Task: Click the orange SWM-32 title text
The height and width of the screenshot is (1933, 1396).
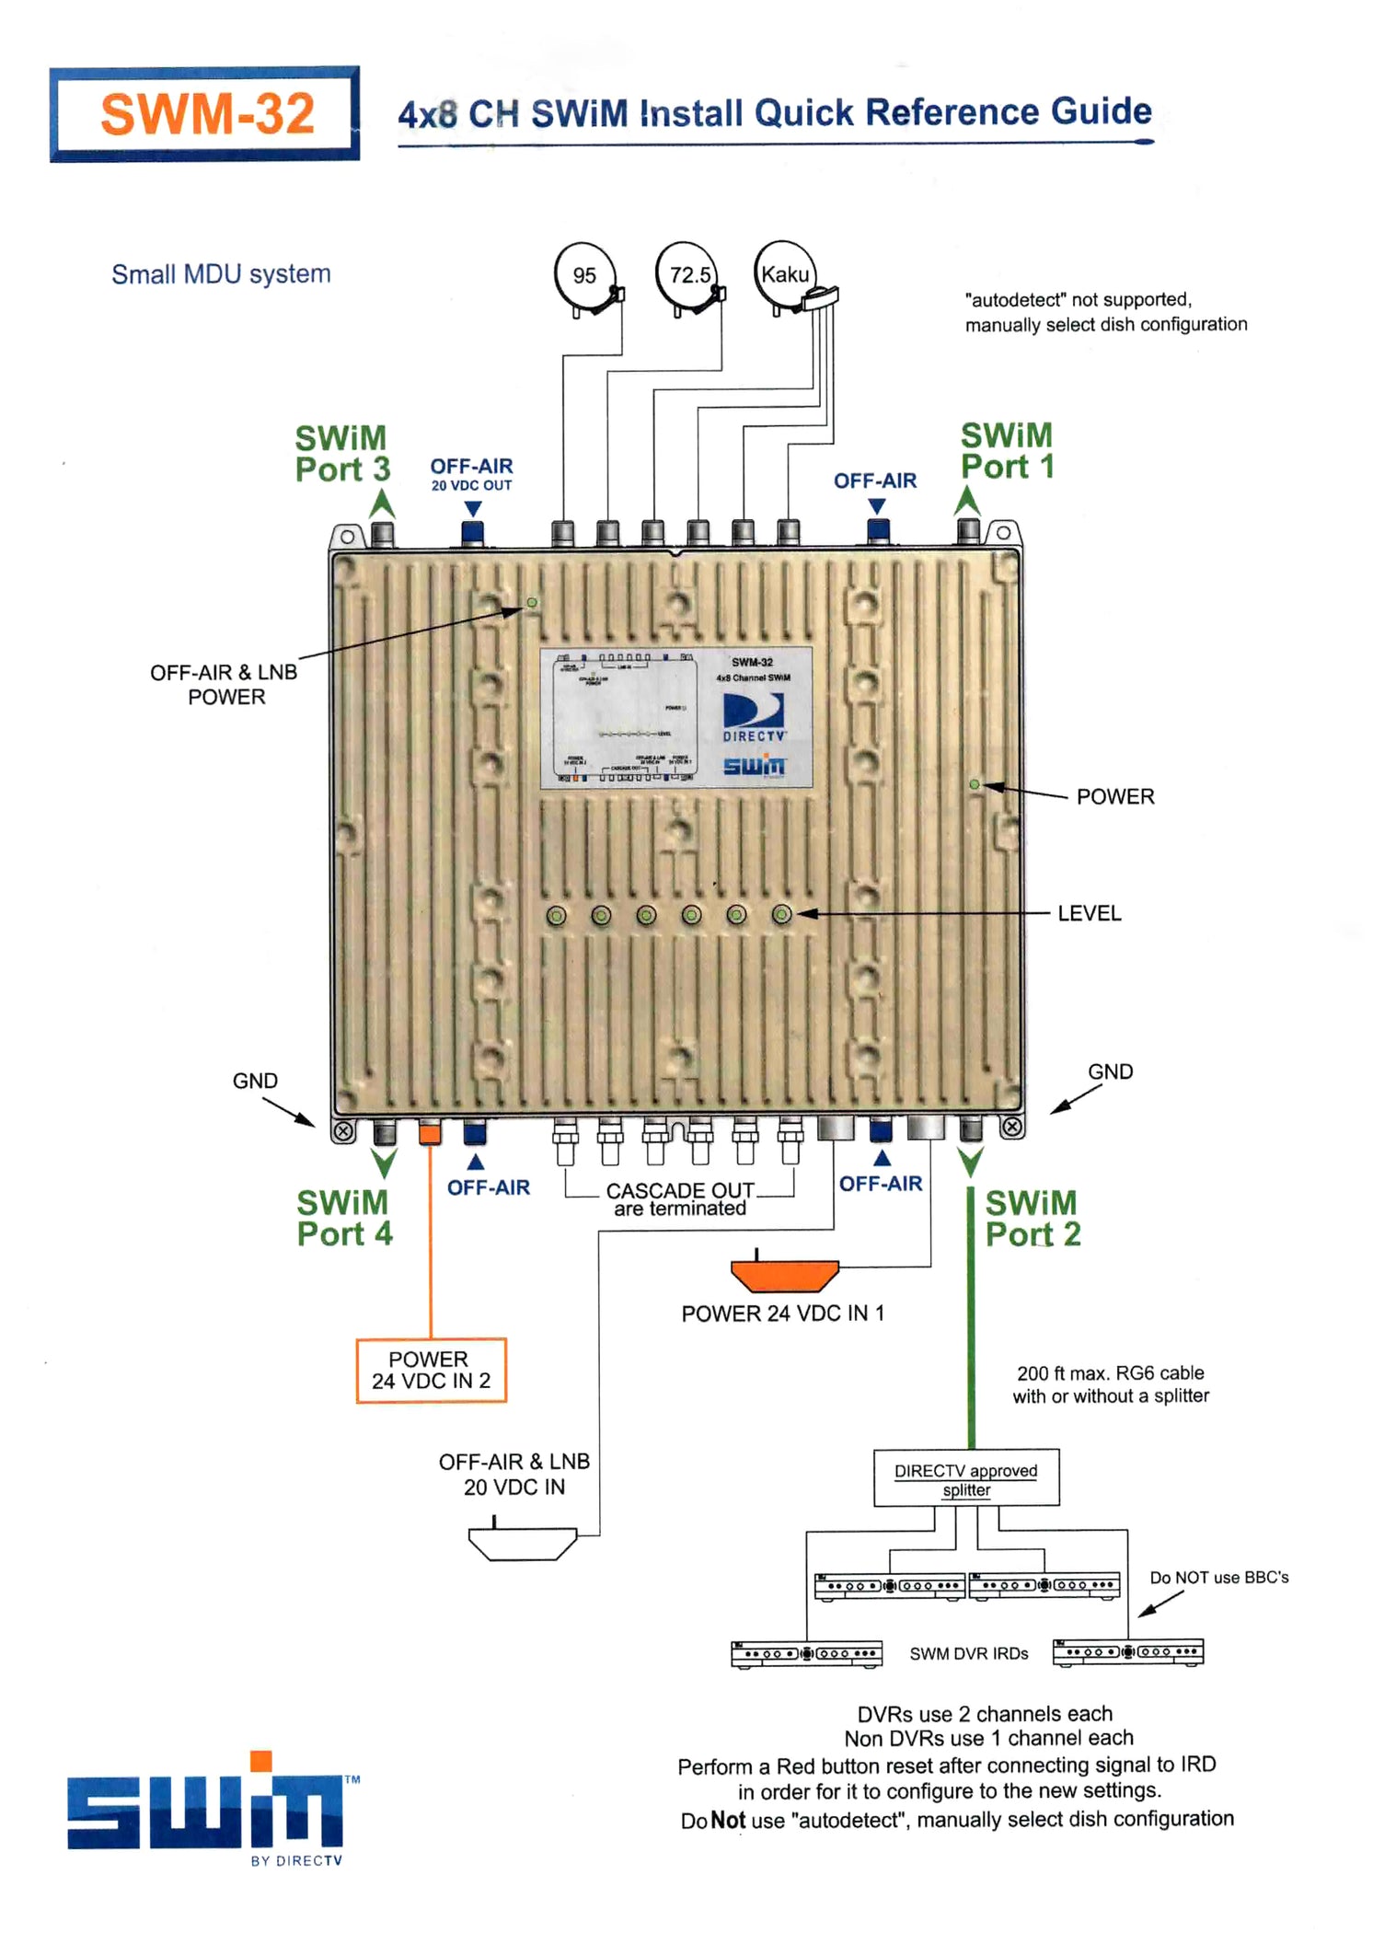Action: point(207,114)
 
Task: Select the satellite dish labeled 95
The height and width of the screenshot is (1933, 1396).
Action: point(585,276)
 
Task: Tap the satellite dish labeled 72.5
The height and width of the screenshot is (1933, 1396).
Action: point(688,275)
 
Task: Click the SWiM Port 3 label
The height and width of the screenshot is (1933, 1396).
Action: point(341,454)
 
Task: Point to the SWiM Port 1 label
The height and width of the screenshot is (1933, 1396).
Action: point(1007,451)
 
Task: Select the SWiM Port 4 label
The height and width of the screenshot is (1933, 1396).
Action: point(343,1218)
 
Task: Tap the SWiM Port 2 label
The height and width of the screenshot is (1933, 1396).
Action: point(1033,1218)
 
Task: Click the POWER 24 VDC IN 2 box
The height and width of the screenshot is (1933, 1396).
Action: point(431,1370)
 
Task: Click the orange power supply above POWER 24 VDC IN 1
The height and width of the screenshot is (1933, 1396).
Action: point(784,1275)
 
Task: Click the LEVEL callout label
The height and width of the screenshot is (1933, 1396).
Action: point(1089,913)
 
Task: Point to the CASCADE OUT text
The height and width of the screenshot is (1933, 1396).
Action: point(680,1190)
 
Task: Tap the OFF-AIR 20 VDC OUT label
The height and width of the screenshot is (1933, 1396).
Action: point(471,474)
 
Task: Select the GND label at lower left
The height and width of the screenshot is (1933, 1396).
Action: point(255,1081)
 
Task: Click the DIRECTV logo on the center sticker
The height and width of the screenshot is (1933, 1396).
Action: point(754,717)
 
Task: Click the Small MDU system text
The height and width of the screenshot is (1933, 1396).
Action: point(221,274)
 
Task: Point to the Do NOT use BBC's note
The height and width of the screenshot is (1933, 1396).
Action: point(1218,1578)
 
